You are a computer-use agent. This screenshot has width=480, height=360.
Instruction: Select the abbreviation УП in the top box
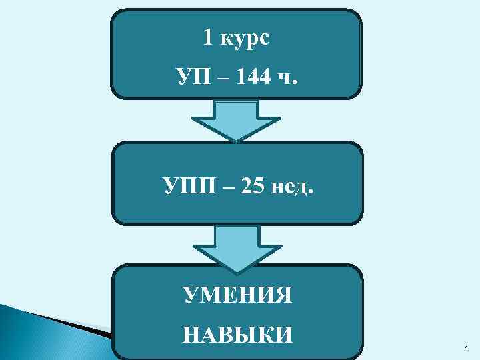[193, 79]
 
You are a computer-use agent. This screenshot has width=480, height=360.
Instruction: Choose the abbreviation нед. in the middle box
[291, 185]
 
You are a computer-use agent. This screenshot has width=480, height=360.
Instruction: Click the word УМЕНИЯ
[237, 294]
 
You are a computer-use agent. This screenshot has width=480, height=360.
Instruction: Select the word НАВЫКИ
[237, 333]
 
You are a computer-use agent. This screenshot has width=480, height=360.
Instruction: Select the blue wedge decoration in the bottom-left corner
[40, 320]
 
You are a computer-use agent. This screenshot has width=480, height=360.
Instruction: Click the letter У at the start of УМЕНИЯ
[189, 294]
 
